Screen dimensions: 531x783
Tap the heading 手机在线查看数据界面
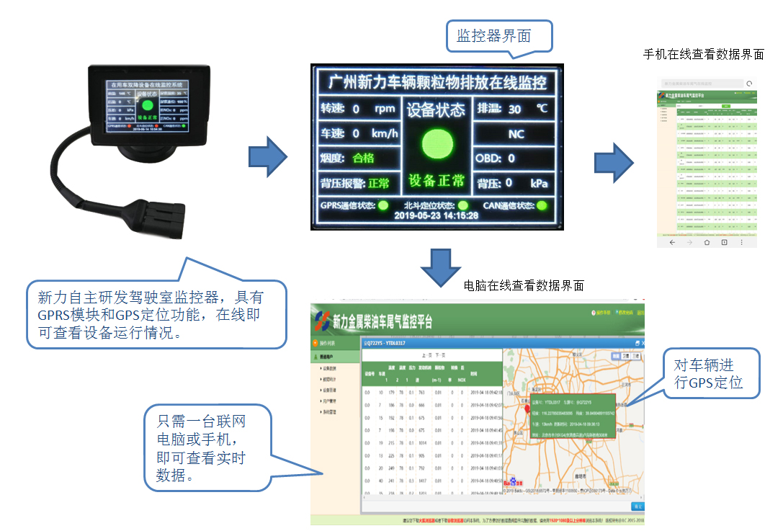click(703, 55)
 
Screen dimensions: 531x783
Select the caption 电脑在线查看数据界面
click(524, 286)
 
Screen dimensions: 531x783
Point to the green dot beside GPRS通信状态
click(383, 205)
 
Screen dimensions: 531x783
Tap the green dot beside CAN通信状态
click(542, 205)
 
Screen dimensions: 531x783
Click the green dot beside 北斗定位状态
click(463, 205)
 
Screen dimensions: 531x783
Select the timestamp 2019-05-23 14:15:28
click(437, 215)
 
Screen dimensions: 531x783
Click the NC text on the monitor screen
click(516, 134)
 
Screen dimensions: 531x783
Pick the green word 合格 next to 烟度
click(364, 158)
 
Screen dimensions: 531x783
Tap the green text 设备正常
click(437, 181)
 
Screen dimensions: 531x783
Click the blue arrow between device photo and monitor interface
click(267, 156)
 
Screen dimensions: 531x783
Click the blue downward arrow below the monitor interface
click(436, 266)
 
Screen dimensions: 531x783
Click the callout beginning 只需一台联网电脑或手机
click(204, 448)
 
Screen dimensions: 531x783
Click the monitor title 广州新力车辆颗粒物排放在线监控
click(437, 81)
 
